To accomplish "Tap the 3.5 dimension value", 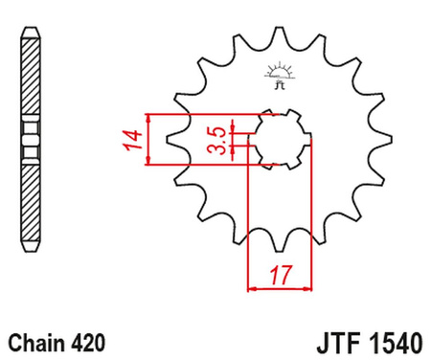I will click(219, 140).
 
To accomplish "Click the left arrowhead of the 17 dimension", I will click(251, 284).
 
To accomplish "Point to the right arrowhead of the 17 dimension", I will click(310, 284).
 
